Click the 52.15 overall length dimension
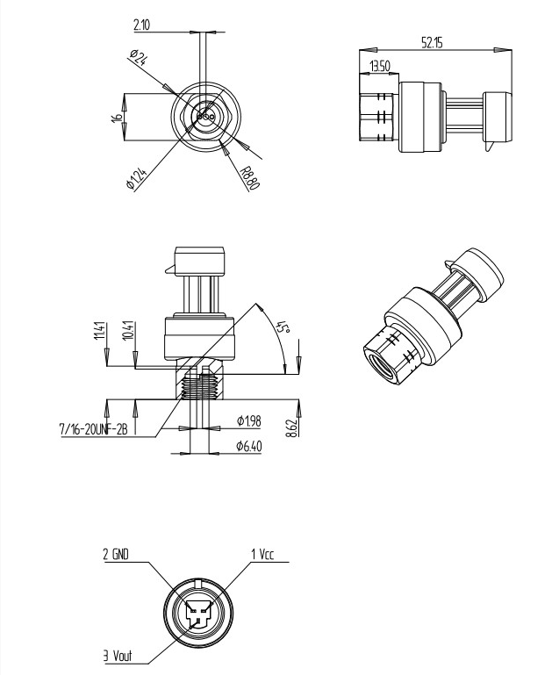tap(432, 43)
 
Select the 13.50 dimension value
tap(379, 67)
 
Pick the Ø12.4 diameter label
tap(138, 173)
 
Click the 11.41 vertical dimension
tap(100, 332)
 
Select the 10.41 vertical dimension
tap(128, 332)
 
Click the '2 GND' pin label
tap(117, 555)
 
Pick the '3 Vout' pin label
tap(116, 656)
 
